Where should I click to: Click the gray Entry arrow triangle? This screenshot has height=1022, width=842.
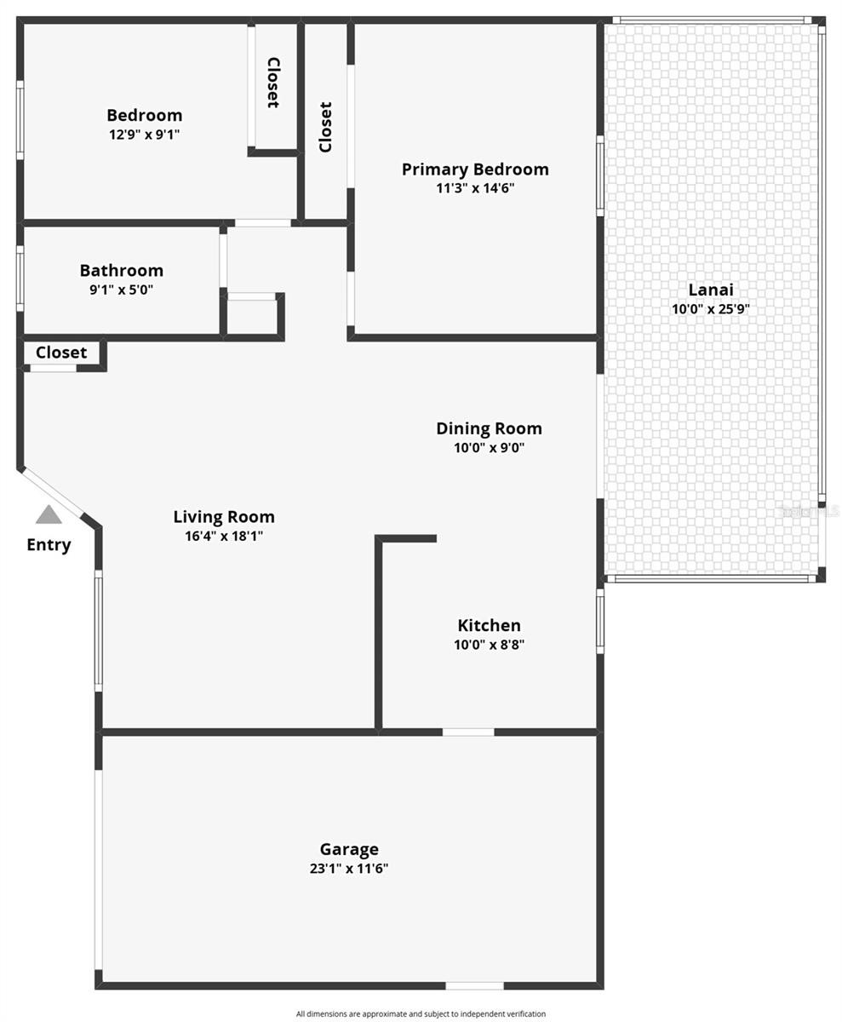(x=49, y=515)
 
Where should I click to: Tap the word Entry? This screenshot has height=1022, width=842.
(x=49, y=545)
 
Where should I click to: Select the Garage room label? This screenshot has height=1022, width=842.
(x=349, y=849)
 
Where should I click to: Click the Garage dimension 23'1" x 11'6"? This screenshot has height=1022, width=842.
(x=349, y=869)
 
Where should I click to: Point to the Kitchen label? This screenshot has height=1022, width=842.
(x=489, y=625)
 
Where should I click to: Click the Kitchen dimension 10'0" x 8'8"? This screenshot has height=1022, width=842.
(x=489, y=645)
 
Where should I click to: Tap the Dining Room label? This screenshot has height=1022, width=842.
(x=489, y=428)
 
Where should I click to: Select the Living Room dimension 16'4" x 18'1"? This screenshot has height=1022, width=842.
(x=224, y=536)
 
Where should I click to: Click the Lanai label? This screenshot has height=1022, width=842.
(x=710, y=290)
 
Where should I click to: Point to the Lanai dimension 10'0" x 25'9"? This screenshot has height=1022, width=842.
(x=710, y=309)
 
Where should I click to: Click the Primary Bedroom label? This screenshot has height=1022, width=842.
(x=475, y=169)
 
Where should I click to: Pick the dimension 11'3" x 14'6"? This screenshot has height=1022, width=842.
(x=475, y=188)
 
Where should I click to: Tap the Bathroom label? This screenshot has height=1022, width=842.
(x=122, y=270)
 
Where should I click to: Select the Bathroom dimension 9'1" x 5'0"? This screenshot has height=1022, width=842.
(x=122, y=290)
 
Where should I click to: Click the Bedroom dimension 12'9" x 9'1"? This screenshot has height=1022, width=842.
(x=145, y=135)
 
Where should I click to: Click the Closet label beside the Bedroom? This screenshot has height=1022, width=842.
(x=273, y=83)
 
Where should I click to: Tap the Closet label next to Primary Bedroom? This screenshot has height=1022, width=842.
(x=325, y=127)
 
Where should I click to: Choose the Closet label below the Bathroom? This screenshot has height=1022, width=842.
(x=61, y=353)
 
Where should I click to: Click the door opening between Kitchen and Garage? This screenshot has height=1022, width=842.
(x=468, y=732)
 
